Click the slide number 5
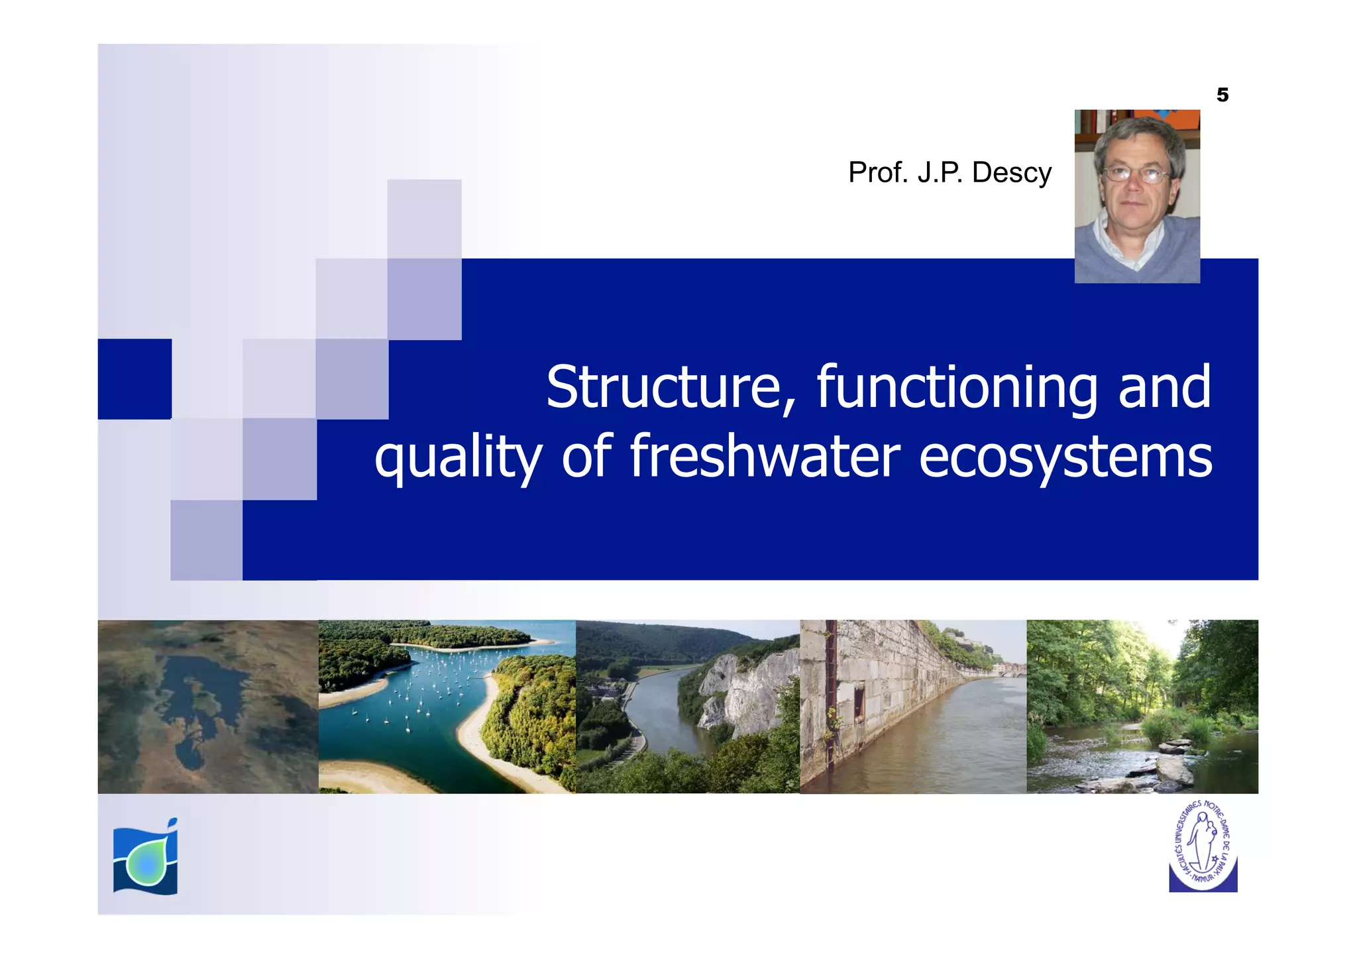coord(1222,95)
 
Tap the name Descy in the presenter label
coord(1011,173)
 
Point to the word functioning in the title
coord(957,389)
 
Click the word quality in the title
coord(458,458)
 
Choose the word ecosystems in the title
coord(1065,458)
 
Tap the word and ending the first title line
coord(1164,388)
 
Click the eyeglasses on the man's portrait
coord(1136,175)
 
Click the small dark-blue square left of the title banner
coord(135,379)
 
